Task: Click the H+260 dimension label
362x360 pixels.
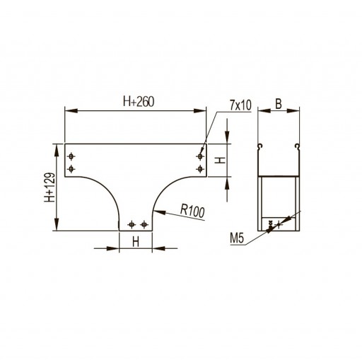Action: tap(139, 102)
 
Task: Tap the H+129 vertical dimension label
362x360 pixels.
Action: tap(49, 187)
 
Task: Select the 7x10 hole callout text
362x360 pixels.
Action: tap(240, 105)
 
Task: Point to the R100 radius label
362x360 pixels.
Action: tap(192, 211)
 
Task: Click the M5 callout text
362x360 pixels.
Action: tap(237, 238)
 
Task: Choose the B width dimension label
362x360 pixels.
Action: tap(279, 104)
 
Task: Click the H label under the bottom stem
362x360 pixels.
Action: tap(136, 242)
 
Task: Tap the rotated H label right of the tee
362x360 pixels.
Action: tap(221, 161)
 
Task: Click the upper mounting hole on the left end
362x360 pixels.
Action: tap(71, 156)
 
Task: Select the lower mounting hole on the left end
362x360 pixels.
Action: tap(71, 169)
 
